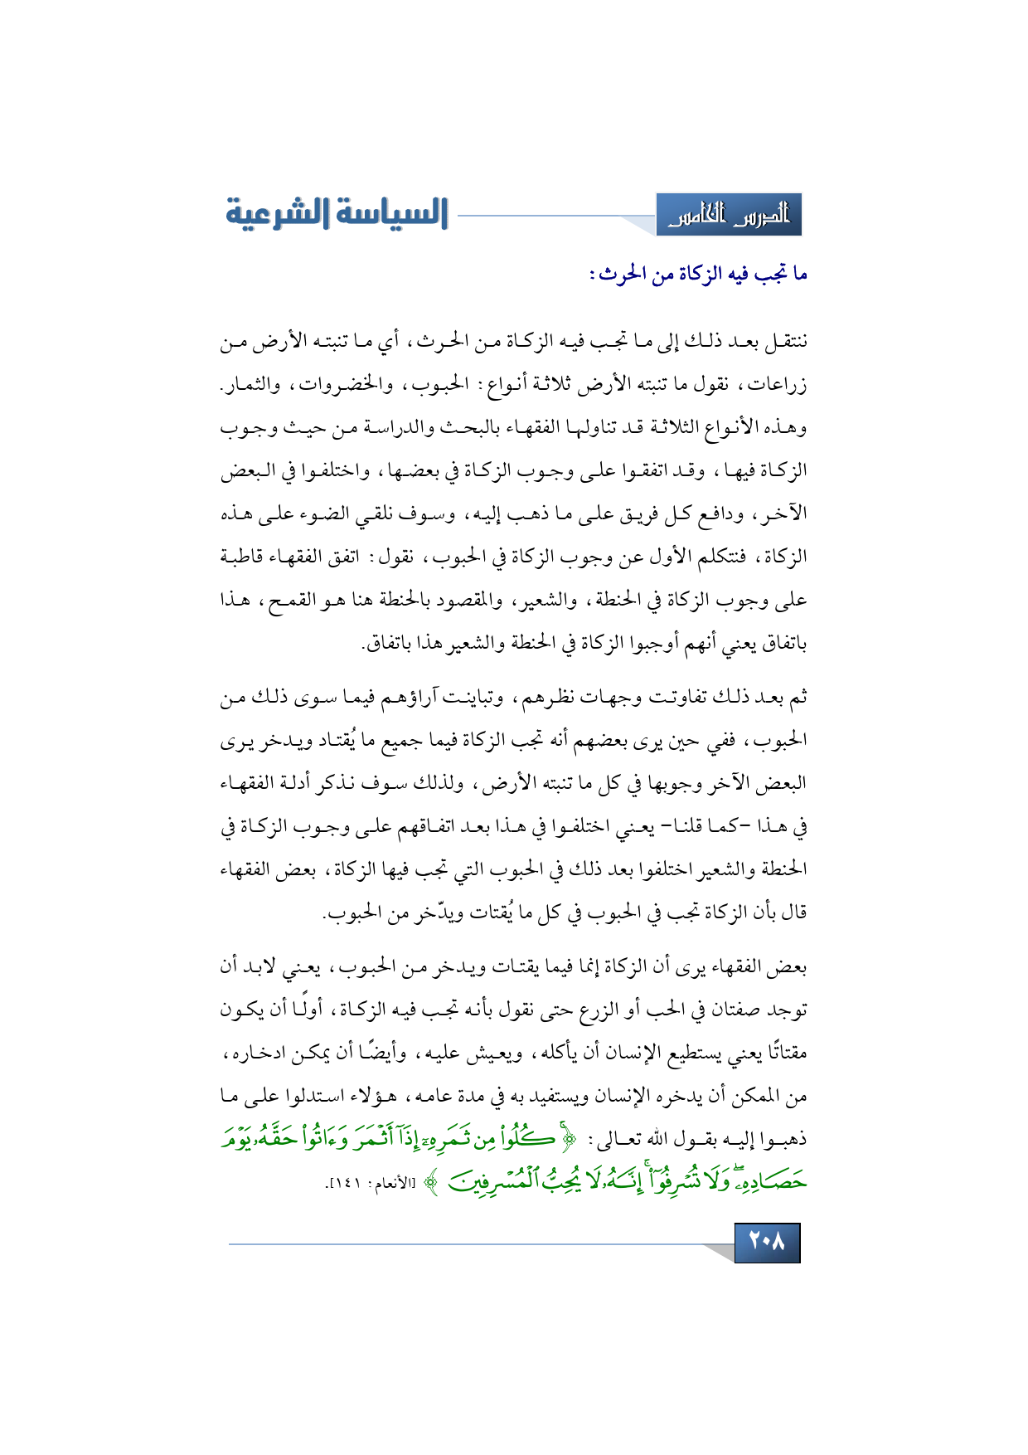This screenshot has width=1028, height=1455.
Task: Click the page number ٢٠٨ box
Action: tap(767, 1242)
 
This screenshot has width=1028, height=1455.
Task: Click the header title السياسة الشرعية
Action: tap(337, 213)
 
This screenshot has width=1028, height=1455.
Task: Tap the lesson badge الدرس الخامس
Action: tap(729, 216)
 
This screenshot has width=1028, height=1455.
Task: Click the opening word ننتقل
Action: tap(782, 341)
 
